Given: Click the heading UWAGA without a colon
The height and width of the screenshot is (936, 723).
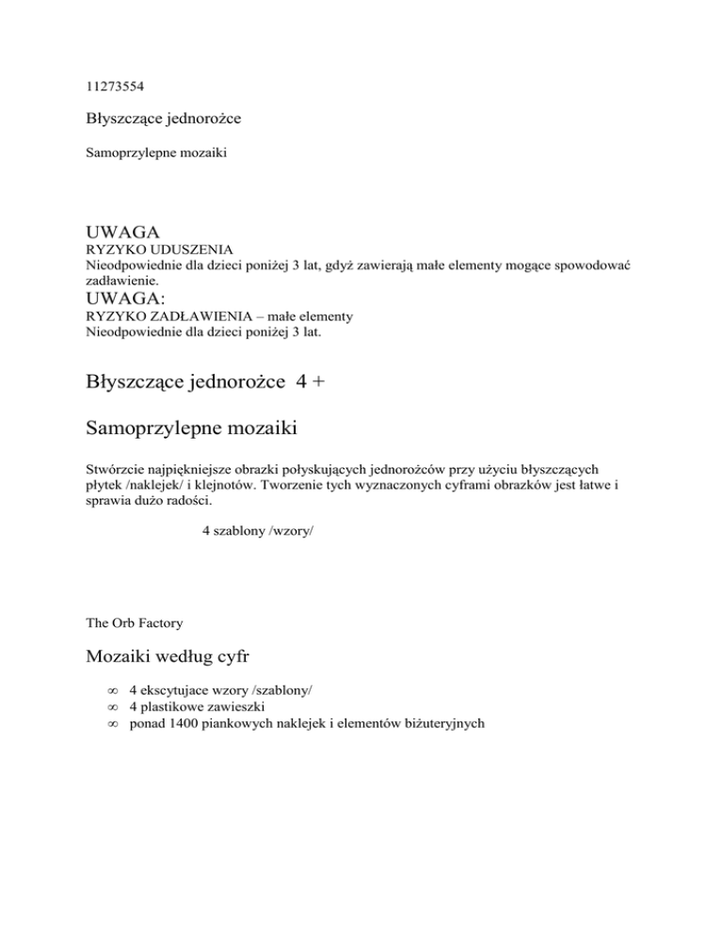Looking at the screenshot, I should click(121, 232).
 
